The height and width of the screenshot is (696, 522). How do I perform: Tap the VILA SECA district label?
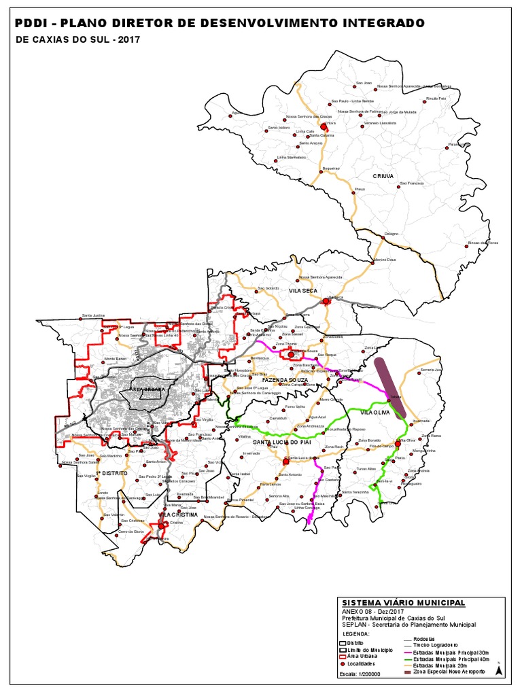click(304, 290)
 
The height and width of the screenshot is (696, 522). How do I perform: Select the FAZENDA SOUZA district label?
click(285, 379)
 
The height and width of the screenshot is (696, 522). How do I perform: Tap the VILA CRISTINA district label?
click(178, 515)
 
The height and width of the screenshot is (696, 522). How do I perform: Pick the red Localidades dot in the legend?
click(344, 665)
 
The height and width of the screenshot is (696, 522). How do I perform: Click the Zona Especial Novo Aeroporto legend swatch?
click(408, 672)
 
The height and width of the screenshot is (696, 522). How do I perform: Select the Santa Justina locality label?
click(93, 315)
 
